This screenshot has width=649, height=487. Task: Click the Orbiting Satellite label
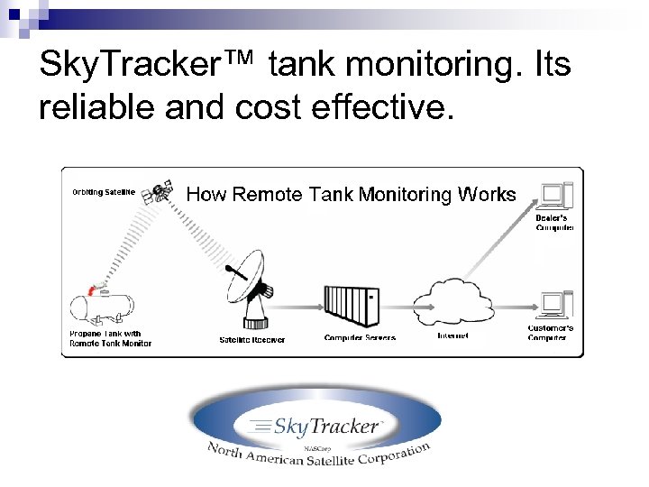(x=104, y=191)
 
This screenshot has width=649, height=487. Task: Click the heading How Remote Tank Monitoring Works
(x=351, y=194)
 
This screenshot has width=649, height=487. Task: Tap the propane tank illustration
(x=105, y=308)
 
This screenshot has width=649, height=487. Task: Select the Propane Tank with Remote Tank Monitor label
(x=110, y=338)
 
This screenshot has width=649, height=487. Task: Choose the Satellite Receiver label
(x=252, y=340)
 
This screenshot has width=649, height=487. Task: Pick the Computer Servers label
(x=360, y=338)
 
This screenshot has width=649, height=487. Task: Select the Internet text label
(x=452, y=336)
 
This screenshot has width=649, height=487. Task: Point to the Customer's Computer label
(x=550, y=333)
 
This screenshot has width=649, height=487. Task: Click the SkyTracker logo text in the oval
(x=315, y=426)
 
